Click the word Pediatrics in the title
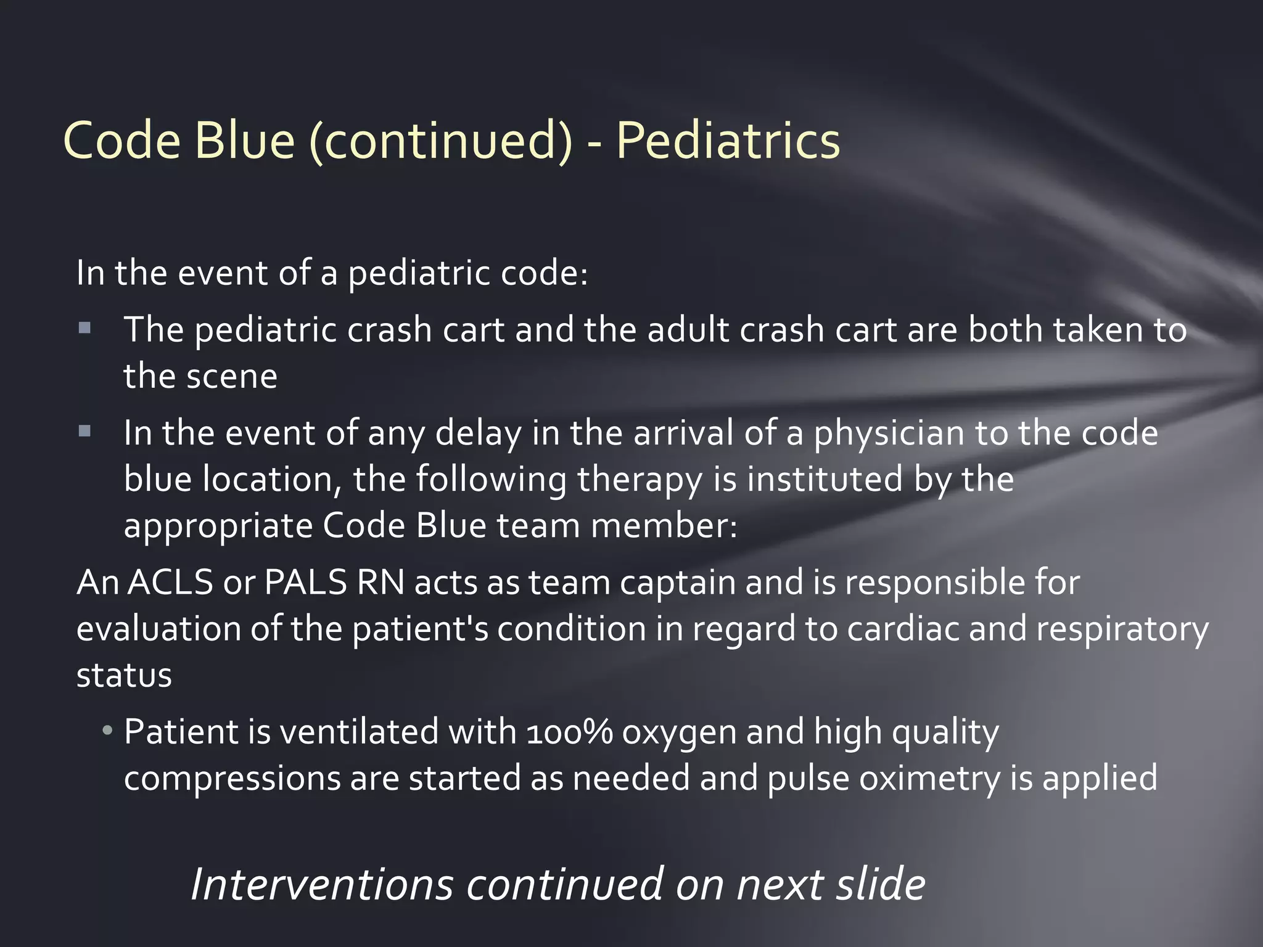[728, 141]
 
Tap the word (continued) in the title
[441, 141]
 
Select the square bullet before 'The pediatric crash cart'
[85, 328]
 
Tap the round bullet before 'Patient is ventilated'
[108, 731]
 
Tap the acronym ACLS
[170, 582]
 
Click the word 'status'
[124, 675]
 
